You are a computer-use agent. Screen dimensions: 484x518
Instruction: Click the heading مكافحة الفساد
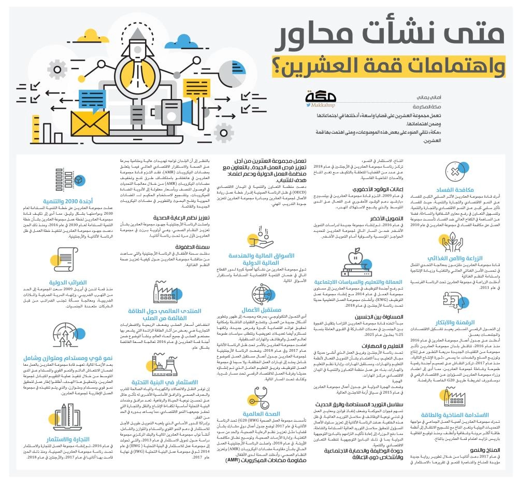coord(473,190)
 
